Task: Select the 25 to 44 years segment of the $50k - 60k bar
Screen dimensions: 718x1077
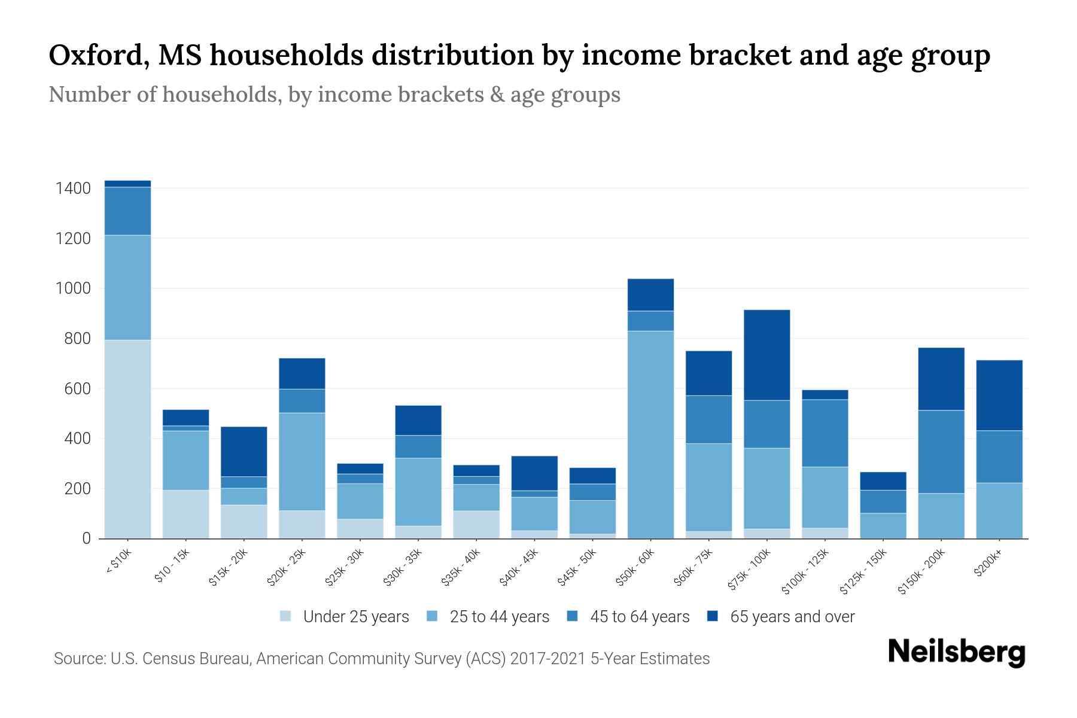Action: (x=650, y=434)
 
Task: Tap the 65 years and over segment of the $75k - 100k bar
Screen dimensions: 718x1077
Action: (x=766, y=355)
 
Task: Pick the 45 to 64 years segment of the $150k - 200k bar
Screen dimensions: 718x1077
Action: (x=941, y=452)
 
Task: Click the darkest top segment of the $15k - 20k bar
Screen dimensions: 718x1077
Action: (x=244, y=451)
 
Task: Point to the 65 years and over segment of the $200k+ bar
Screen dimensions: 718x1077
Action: (x=999, y=395)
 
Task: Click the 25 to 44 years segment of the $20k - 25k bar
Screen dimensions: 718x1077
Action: (x=302, y=461)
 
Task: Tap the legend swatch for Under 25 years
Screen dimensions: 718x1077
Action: (x=286, y=616)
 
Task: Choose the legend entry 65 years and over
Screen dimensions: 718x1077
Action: (x=792, y=616)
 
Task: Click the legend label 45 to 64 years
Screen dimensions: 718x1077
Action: (x=639, y=616)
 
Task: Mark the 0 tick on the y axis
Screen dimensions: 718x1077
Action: (x=86, y=538)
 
